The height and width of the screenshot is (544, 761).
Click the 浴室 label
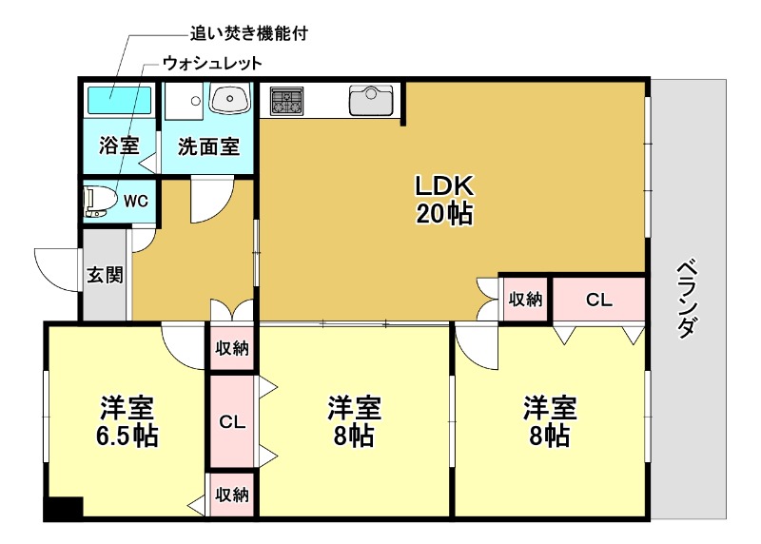coord(120,146)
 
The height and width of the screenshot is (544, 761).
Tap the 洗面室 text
coord(208,147)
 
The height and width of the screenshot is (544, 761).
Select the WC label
coord(136,201)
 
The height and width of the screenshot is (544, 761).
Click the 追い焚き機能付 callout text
coord(250,33)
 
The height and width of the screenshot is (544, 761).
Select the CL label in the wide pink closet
coord(598,301)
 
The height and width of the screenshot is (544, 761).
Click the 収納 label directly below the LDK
coord(524,301)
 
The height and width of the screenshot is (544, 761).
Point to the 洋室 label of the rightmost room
coord(549,408)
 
